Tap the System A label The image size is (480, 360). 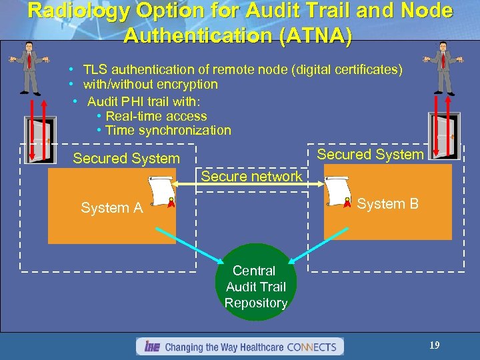[x=112, y=208]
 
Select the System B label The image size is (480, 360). [x=387, y=204]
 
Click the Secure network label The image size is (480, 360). [x=251, y=177]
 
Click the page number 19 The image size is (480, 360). [x=434, y=345]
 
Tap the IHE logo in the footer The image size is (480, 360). [x=151, y=347]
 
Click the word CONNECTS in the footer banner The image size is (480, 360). [x=314, y=347]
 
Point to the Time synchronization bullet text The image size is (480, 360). [x=168, y=131]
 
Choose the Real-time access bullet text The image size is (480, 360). [x=156, y=116]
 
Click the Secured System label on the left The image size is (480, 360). [x=126, y=159]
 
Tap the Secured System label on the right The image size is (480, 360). [x=370, y=155]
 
